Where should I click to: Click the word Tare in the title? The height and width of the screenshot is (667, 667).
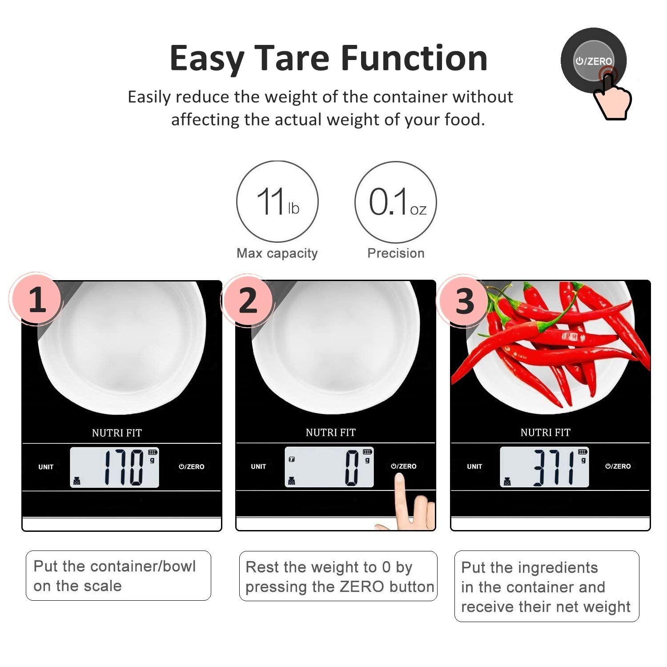(x=292, y=58)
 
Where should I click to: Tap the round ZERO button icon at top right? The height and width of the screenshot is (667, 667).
(x=594, y=61)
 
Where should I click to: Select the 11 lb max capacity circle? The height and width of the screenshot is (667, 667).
(x=277, y=202)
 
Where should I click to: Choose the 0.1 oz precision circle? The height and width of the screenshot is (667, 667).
(x=396, y=202)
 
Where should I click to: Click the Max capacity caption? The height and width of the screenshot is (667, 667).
(x=277, y=253)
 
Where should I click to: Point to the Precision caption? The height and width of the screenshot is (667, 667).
(x=396, y=253)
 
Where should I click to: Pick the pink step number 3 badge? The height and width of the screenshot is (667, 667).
(x=464, y=301)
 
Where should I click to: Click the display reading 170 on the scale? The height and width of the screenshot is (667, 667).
(x=124, y=467)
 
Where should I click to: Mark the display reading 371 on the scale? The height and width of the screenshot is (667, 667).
(x=554, y=467)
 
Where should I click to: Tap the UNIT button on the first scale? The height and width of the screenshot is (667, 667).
(x=46, y=467)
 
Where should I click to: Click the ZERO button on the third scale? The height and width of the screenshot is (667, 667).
(x=618, y=466)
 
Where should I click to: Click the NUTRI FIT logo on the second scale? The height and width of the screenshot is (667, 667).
(x=331, y=432)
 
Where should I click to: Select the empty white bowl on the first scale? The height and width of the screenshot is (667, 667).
(x=122, y=347)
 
